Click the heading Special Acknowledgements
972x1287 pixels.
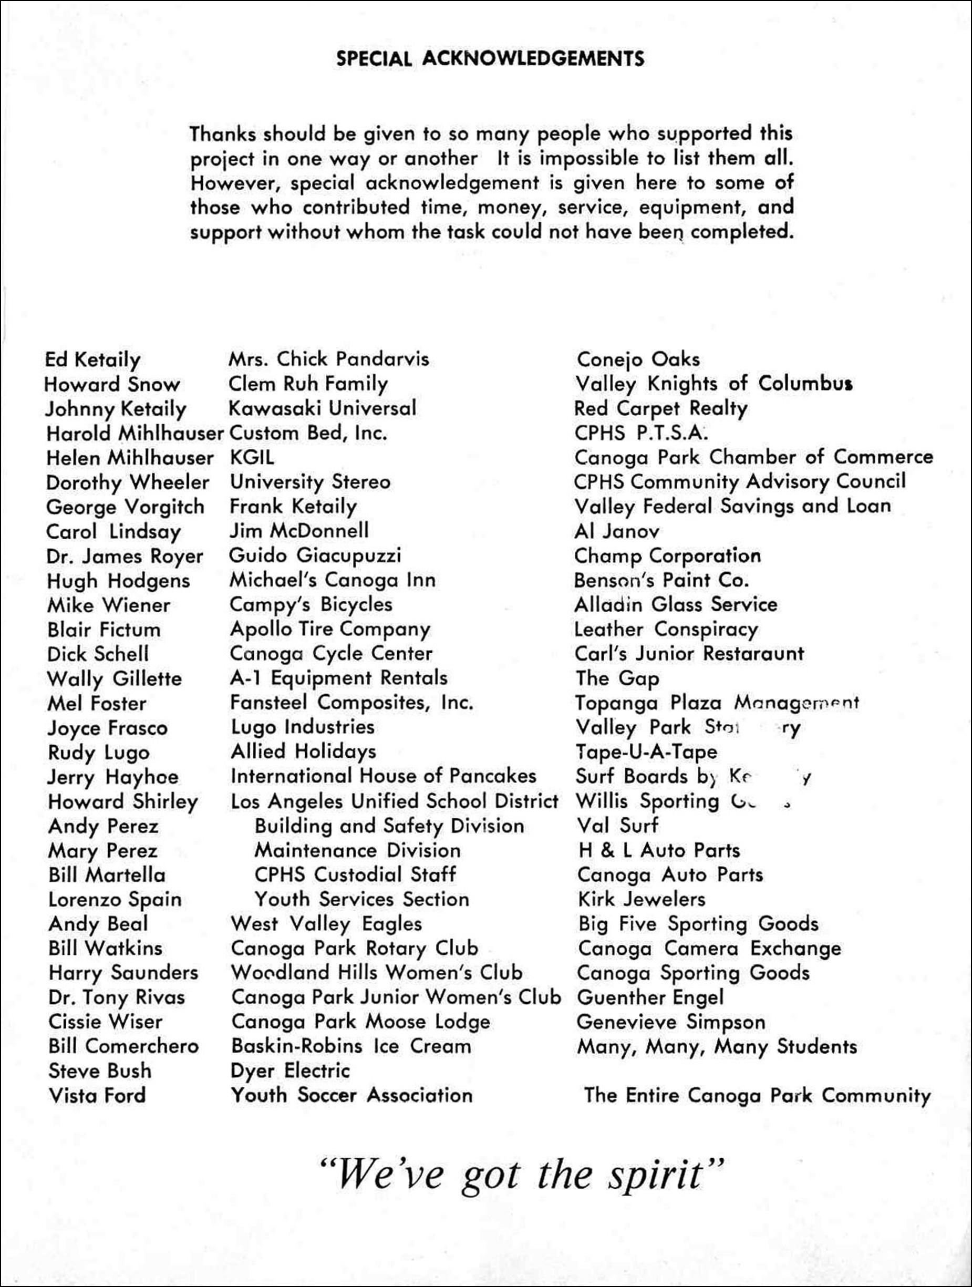(x=490, y=59)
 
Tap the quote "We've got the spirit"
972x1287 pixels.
(x=522, y=1174)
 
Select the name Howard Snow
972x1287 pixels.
(x=112, y=384)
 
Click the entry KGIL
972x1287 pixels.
(x=252, y=457)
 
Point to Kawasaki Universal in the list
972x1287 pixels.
(x=322, y=408)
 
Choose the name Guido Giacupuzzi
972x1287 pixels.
(x=315, y=555)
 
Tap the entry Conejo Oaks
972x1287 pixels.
(x=638, y=359)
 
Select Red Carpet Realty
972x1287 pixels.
(x=660, y=408)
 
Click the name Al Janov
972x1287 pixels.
(x=617, y=531)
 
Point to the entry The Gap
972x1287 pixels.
(x=617, y=678)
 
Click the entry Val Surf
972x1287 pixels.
(x=617, y=825)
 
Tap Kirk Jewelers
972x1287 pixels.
(x=641, y=899)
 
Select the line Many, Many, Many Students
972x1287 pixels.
(x=717, y=1047)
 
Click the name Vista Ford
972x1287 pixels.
(x=97, y=1096)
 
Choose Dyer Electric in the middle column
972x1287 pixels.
(x=290, y=1070)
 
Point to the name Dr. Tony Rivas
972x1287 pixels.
(x=116, y=997)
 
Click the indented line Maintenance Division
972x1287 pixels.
(x=357, y=850)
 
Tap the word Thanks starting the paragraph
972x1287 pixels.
(x=223, y=134)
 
